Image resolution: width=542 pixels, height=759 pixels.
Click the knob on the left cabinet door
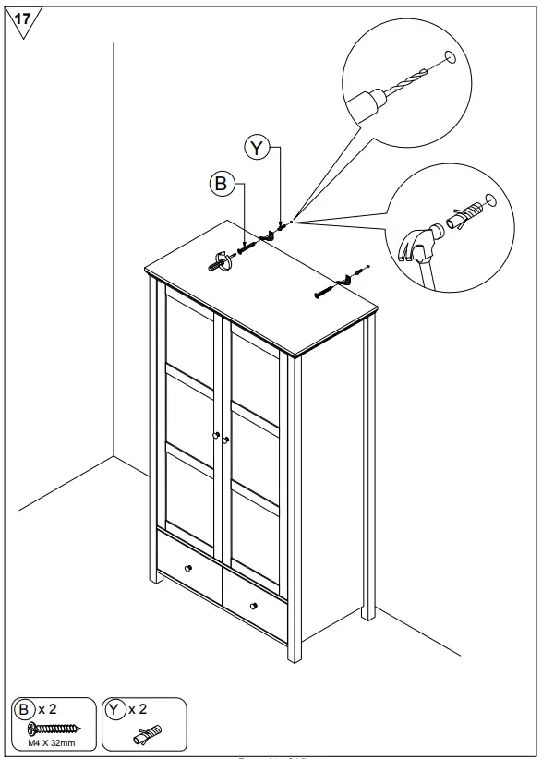click(215, 436)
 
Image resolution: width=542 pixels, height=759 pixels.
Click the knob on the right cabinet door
click(224, 440)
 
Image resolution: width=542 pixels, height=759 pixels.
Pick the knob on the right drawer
click(253, 607)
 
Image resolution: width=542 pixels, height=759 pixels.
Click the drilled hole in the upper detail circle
click(450, 57)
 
